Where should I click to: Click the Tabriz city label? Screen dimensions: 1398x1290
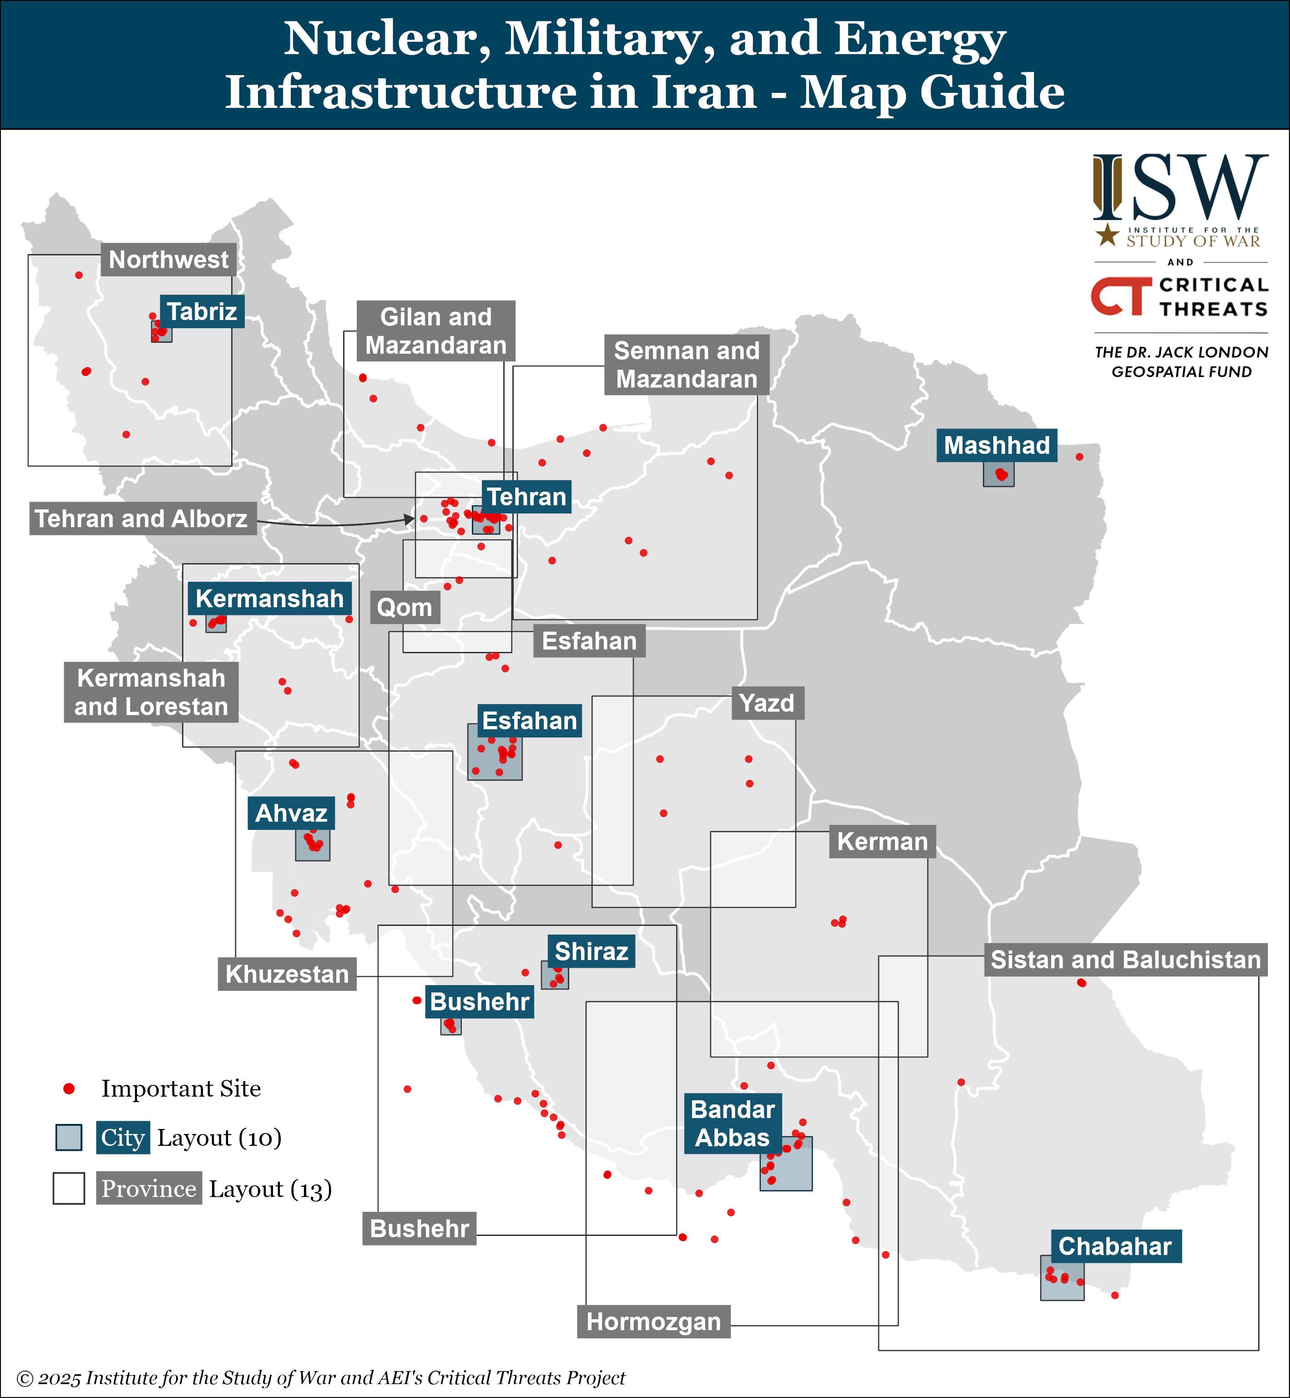[202, 311]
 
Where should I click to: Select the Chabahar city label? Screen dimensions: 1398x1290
[1115, 1246]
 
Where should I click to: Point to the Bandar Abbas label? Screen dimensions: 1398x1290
[732, 1123]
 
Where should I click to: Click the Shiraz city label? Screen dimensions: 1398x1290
[591, 951]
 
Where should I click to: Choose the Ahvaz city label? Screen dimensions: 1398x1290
[291, 813]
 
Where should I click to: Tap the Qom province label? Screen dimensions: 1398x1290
[404, 608]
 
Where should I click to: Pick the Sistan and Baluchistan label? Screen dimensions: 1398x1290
[1125, 960]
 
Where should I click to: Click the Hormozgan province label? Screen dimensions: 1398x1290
[653, 1322]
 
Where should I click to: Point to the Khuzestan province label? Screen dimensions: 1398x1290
[287, 974]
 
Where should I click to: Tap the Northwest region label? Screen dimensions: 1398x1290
[168, 260]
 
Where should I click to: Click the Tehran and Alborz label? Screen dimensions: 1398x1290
[142, 519]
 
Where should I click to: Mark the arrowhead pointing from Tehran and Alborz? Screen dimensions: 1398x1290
[409, 519]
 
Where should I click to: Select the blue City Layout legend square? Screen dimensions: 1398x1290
[68, 1138]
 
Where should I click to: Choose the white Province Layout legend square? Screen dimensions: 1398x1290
[68, 1189]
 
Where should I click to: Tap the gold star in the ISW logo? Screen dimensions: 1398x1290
[1107, 235]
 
